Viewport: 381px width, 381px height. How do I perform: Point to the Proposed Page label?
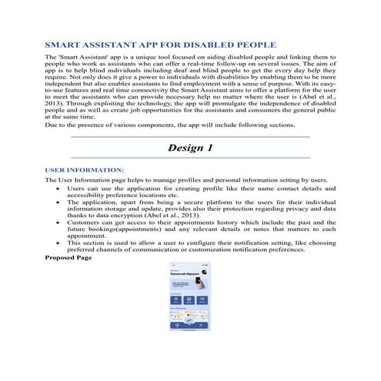69,256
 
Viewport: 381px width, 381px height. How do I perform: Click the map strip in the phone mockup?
190,316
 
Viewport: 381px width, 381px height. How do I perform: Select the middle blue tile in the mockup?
190,300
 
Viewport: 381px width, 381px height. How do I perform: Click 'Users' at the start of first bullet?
76,189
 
